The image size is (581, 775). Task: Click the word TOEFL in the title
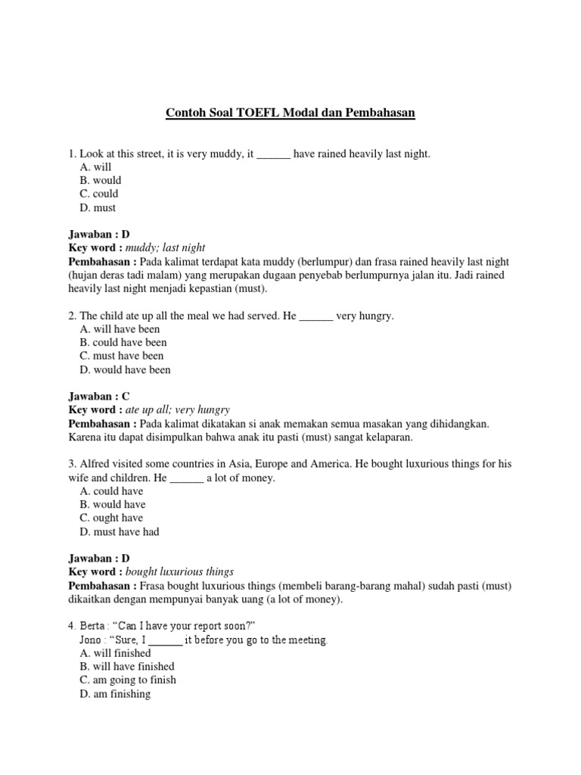(259, 114)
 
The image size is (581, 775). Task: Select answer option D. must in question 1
(98, 207)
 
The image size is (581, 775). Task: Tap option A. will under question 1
(95, 167)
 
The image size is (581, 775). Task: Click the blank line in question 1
(274, 154)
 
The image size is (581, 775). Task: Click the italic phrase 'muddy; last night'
(165, 247)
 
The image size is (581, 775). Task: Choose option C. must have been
(121, 356)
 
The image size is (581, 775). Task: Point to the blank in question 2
(316, 316)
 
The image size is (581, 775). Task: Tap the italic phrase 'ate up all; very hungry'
(177, 409)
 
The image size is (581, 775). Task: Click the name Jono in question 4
(90, 640)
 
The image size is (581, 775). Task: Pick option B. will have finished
(126, 666)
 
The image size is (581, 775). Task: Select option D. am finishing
(115, 693)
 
